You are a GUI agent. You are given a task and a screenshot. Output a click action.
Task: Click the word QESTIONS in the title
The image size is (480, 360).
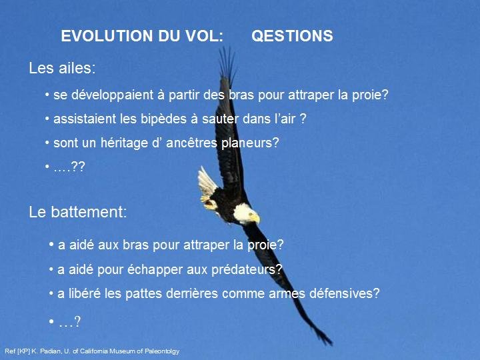pos(292,36)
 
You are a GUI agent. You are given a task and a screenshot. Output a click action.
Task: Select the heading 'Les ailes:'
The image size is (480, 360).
pos(62,68)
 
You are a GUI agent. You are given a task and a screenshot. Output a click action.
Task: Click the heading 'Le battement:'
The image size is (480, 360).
pos(78,212)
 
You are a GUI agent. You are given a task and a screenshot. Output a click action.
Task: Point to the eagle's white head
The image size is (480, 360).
pos(244,213)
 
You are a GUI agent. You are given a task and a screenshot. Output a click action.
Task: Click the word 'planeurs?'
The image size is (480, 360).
pos(250,143)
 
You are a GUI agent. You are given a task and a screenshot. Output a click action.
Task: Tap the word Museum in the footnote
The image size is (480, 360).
pos(123,351)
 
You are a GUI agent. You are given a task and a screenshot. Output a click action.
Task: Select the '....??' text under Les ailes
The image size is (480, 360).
pos(69,167)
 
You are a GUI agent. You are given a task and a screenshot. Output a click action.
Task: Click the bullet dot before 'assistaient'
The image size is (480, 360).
pos(47,119)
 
